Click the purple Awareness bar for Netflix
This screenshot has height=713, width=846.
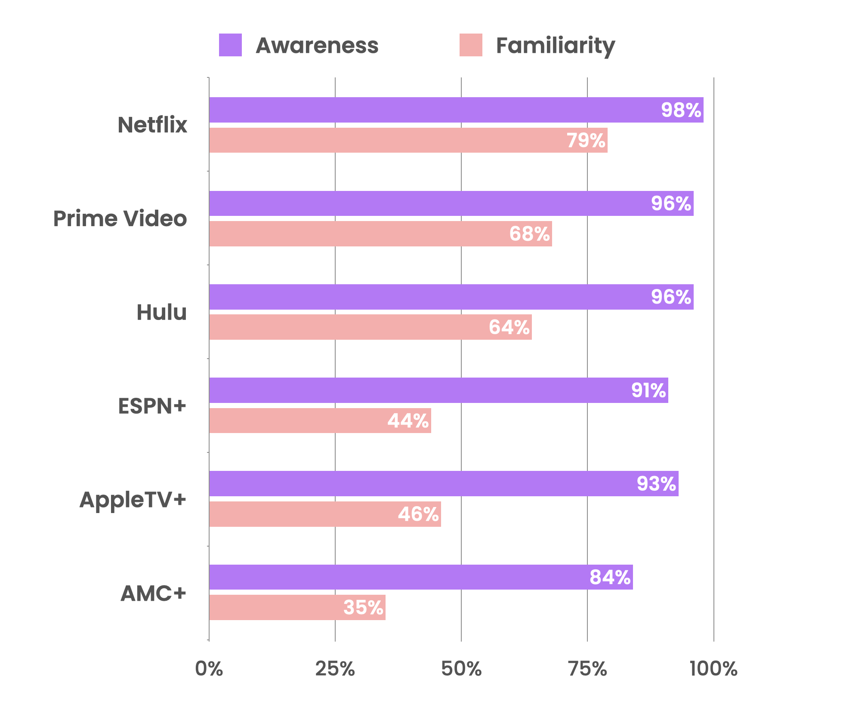430,110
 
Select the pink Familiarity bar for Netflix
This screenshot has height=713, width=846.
387,140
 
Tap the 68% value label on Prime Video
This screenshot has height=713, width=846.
529,234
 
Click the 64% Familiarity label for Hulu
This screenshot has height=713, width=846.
509,327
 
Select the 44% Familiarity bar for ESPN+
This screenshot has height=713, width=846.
301,421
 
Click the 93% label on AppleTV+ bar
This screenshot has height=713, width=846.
656,484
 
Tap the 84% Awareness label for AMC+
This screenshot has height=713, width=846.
610,577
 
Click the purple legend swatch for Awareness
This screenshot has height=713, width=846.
230,45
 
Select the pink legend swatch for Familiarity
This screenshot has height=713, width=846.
471,45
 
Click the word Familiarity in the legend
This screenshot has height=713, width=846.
555,46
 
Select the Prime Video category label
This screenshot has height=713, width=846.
120,218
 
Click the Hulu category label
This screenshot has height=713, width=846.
161,312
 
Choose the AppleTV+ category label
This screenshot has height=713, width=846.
133,499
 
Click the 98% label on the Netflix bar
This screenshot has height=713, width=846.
681,110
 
